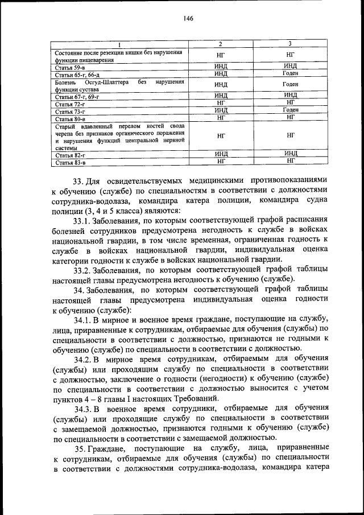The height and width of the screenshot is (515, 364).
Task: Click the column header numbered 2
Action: coord(221,44)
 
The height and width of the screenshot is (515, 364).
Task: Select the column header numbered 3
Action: coord(290,44)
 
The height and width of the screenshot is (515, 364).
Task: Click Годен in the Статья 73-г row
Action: coord(290,110)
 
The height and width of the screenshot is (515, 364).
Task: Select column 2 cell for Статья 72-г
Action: coord(221,103)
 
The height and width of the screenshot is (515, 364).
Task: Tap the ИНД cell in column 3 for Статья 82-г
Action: coord(290,154)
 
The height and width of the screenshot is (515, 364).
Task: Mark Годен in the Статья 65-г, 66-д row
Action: coord(290,73)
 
